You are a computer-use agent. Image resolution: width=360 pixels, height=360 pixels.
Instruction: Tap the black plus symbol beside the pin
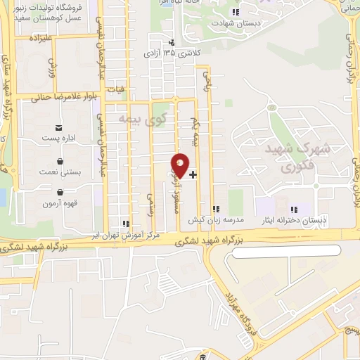[193, 174]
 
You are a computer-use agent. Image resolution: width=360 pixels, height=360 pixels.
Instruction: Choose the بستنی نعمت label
[59, 171]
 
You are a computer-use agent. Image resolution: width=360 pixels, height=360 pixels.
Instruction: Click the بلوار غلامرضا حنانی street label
[56, 98]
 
